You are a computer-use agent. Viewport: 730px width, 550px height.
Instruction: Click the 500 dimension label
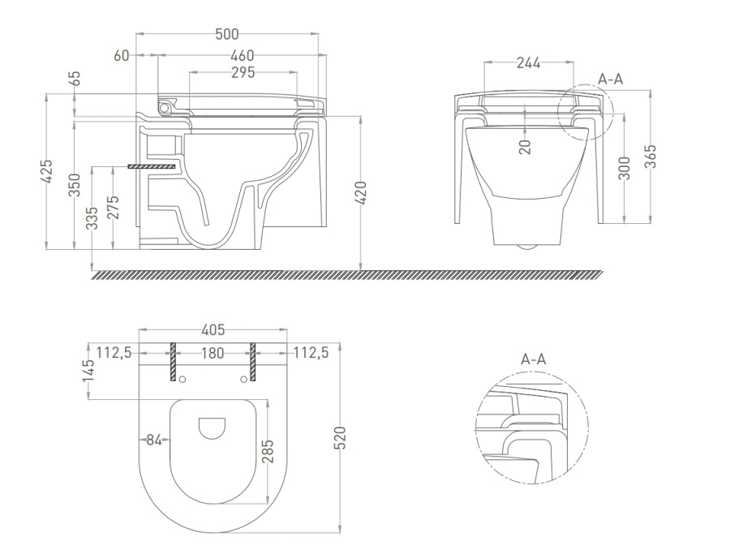click(x=227, y=34)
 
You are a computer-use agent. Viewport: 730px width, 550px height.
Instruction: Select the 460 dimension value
click(x=243, y=56)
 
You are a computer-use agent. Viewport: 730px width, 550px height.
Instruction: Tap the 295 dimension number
click(x=243, y=73)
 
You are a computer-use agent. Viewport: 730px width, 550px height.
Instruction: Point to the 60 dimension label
click(x=121, y=56)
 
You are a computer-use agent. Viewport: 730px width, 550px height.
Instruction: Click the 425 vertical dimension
click(x=47, y=172)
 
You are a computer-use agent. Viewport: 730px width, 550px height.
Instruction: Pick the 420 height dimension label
click(x=361, y=192)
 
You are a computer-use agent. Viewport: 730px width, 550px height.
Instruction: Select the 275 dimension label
click(x=113, y=207)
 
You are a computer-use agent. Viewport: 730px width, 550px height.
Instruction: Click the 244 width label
click(x=528, y=63)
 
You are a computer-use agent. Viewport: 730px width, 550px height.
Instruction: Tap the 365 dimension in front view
click(x=651, y=157)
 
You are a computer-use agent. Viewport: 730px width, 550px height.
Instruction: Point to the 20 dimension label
click(x=525, y=147)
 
